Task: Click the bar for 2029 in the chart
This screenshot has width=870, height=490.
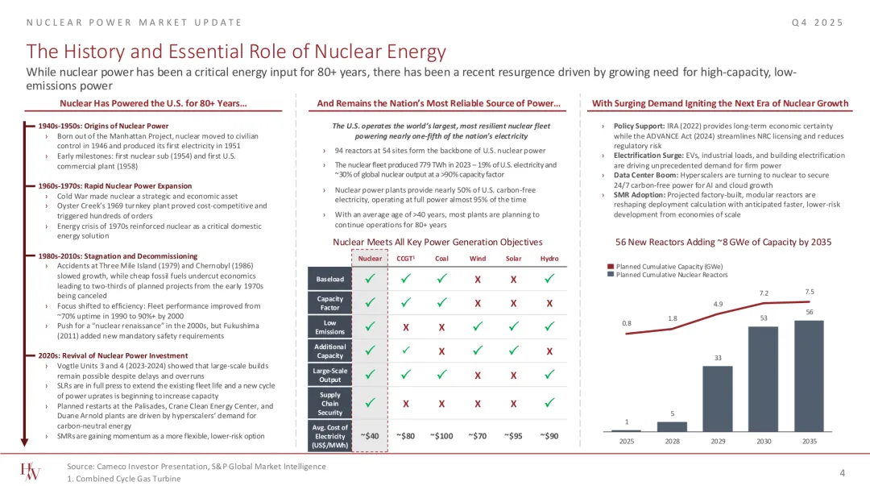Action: (718, 400)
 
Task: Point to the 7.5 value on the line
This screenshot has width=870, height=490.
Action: (810, 291)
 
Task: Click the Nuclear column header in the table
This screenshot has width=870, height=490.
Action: (370, 258)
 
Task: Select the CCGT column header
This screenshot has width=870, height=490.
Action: (406, 258)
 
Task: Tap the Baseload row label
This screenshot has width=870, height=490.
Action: (329, 280)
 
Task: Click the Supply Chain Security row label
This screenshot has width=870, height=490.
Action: (329, 402)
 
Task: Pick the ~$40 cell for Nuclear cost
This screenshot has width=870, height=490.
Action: (370, 436)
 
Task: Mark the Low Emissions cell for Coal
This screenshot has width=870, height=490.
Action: (441, 327)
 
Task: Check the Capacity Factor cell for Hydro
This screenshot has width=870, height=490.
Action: (549, 304)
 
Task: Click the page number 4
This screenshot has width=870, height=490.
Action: (842, 472)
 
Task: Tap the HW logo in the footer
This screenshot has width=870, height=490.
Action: (32, 472)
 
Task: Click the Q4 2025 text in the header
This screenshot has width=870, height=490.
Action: (818, 22)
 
